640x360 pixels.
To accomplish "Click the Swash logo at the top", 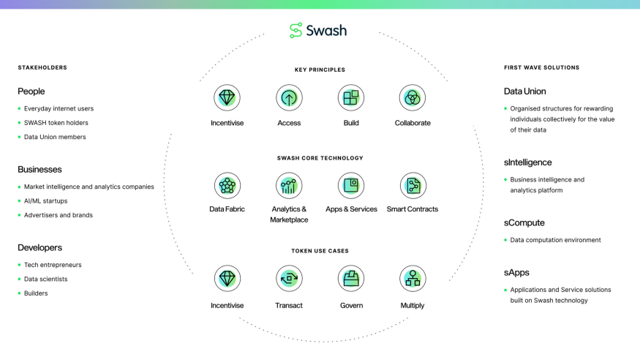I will click(x=318, y=30).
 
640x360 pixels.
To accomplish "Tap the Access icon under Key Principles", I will click(x=289, y=98).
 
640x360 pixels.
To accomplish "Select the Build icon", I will click(x=351, y=98).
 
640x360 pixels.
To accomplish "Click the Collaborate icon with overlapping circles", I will click(x=413, y=98).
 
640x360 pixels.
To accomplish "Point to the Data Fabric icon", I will click(x=227, y=186).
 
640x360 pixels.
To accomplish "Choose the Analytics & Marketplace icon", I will click(x=289, y=186).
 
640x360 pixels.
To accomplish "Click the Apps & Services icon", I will click(x=351, y=186).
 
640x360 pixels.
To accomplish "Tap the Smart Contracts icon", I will click(x=413, y=186).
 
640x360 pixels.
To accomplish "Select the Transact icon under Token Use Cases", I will click(x=289, y=279).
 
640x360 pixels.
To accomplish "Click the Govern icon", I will click(x=351, y=279).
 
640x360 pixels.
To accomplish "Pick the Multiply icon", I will click(x=413, y=279).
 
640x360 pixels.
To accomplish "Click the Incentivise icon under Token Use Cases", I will click(x=227, y=279).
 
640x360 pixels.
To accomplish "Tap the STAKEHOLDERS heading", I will click(x=42, y=68).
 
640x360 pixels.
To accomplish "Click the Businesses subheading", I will click(x=39, y=169).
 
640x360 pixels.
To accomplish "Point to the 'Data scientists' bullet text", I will click(x=45, y=280).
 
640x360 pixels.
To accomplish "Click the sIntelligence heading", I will click(x=527, y=162).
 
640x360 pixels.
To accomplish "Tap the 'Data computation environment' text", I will click(x=555, y=240).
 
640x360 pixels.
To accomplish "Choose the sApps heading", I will click(x=516, y=272).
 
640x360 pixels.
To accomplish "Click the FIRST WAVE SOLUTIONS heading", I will click(x=541, y=68).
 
